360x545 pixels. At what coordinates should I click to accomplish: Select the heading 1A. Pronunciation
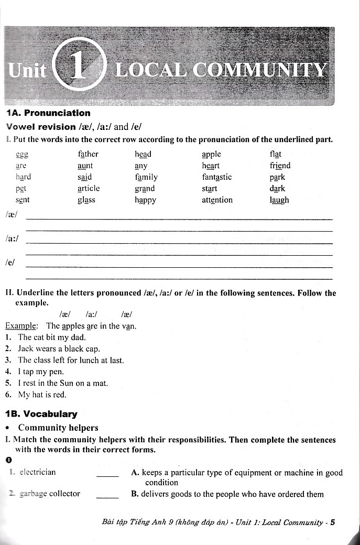[x=48, y=113]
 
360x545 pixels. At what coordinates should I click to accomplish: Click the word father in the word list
[x=88, y=154]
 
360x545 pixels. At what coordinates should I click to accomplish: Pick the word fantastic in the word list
[x=216, y=177]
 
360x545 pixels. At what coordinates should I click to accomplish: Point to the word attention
[x=217, y=200]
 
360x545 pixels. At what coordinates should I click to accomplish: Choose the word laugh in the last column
[x=279, y=200]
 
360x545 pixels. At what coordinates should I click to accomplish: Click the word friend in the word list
[x=280, y=166]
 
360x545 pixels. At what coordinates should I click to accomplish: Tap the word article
[x=88, y=189]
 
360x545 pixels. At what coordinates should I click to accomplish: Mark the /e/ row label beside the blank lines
[x=9, y=262]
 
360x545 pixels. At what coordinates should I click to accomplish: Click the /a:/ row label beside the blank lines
[x=11, y=239]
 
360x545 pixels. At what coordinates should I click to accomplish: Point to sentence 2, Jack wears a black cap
[x=59, y=348]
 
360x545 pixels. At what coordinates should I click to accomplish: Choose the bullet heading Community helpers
[x=58, y=428]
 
